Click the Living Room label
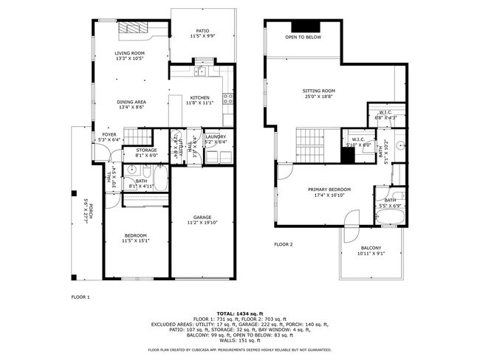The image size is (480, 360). click(129, 53)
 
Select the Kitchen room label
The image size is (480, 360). click(200, 97)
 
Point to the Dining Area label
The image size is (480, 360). click(130, 102)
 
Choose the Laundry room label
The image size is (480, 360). click(216, 136)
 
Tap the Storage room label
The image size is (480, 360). click(146, 150)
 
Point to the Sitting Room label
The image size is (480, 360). click(318, 91)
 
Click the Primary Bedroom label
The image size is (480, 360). click(329, 190)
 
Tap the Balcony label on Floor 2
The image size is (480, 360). click(371, 248)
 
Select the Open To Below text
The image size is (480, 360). click(303, 36)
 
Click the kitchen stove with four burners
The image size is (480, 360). click(229, 97)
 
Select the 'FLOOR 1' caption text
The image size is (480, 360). click(80, 297)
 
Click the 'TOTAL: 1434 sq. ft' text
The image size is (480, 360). click(240, 314)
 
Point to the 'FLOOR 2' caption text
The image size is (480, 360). click(284, 244)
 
